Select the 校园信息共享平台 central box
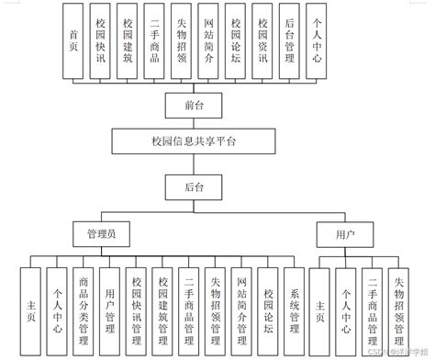(x=192, y=141)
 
